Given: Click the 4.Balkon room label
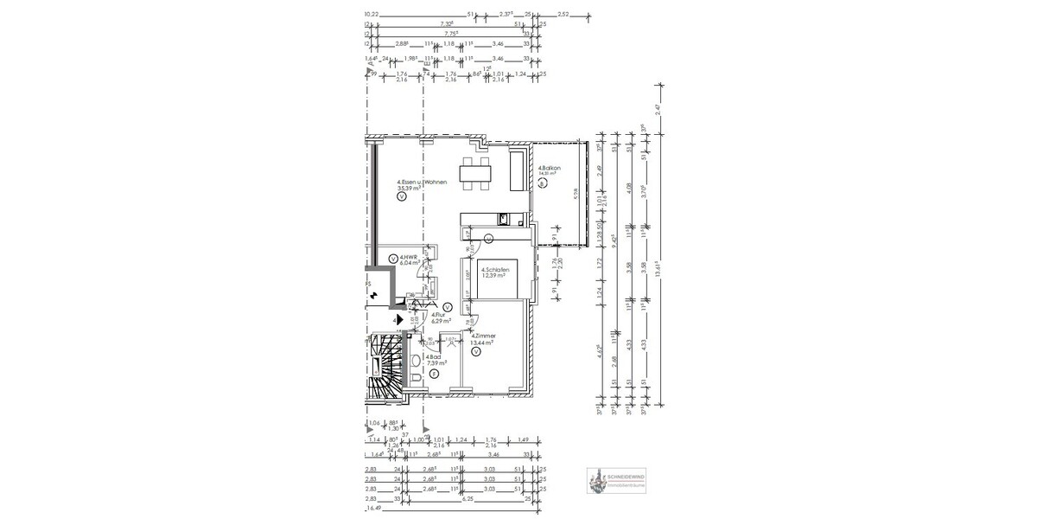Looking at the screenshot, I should pos(550,168).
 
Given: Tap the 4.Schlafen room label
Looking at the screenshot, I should pos(494,269).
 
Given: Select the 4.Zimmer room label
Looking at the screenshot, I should pos(482,335).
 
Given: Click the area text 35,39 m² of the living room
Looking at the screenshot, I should pos(403,186).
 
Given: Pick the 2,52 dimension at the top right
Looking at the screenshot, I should pos(563,15).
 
